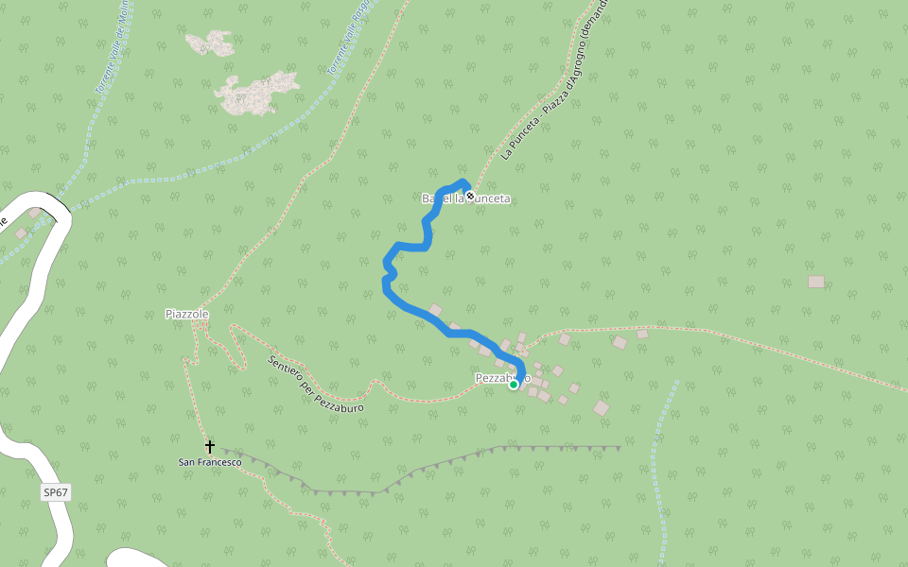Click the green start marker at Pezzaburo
coord(514,384)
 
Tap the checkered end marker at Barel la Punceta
coord(470,196)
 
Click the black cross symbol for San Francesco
coord(210,446)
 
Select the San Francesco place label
coord(210,462)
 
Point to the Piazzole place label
coord(186,314)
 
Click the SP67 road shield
coord(57,492)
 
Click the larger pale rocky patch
coord(257,93)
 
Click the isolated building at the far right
coord(815,282)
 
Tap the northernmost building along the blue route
coord(435,310)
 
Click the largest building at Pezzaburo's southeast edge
coord(601,407)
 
